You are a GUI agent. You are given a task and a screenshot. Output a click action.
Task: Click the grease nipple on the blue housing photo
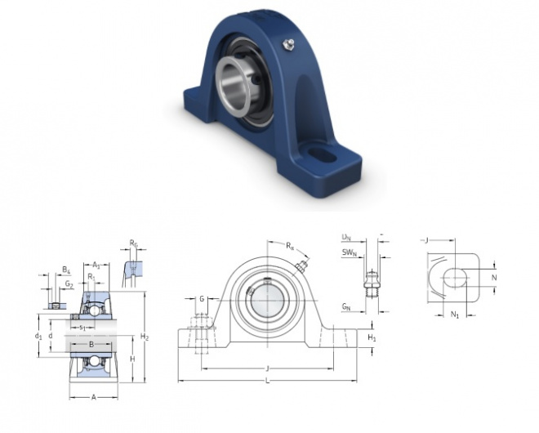pos(287,43)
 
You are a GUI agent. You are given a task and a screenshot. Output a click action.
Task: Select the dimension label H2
pos(145,337)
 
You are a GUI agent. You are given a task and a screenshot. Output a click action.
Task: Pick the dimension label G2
pos(70,285)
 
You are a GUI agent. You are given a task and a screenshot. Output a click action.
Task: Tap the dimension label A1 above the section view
pos(96,264)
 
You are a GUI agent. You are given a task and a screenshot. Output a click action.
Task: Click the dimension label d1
pos(38,336)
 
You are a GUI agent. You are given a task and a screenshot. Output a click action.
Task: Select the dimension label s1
pos(82,328)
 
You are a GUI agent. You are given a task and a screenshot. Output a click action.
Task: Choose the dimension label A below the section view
pos(92,398)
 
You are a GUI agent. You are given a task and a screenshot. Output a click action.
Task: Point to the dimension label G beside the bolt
pos(202,299)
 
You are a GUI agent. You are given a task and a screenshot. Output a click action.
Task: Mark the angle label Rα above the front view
pos(290,245)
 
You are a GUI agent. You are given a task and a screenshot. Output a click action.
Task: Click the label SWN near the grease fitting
pos(350,253)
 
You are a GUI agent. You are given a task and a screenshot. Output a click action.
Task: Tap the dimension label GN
pos(346,307)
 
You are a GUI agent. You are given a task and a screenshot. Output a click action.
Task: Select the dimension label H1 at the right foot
pos(372,337)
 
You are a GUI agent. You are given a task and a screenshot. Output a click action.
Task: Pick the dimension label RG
pos(133,243)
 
